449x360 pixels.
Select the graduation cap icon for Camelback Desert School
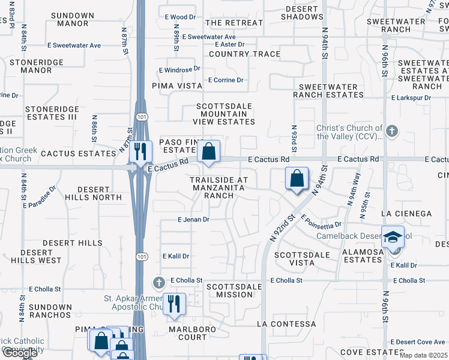393,238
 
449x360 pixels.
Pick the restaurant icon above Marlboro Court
174,304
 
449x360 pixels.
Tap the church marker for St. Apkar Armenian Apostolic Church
158,281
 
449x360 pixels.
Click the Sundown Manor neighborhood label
73,19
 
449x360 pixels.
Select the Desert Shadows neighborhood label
301,13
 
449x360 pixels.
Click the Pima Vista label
177,86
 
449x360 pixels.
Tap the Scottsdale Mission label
234,290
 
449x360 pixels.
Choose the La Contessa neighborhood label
286,324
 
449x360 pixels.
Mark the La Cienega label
406,214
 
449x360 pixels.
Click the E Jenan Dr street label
193,220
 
